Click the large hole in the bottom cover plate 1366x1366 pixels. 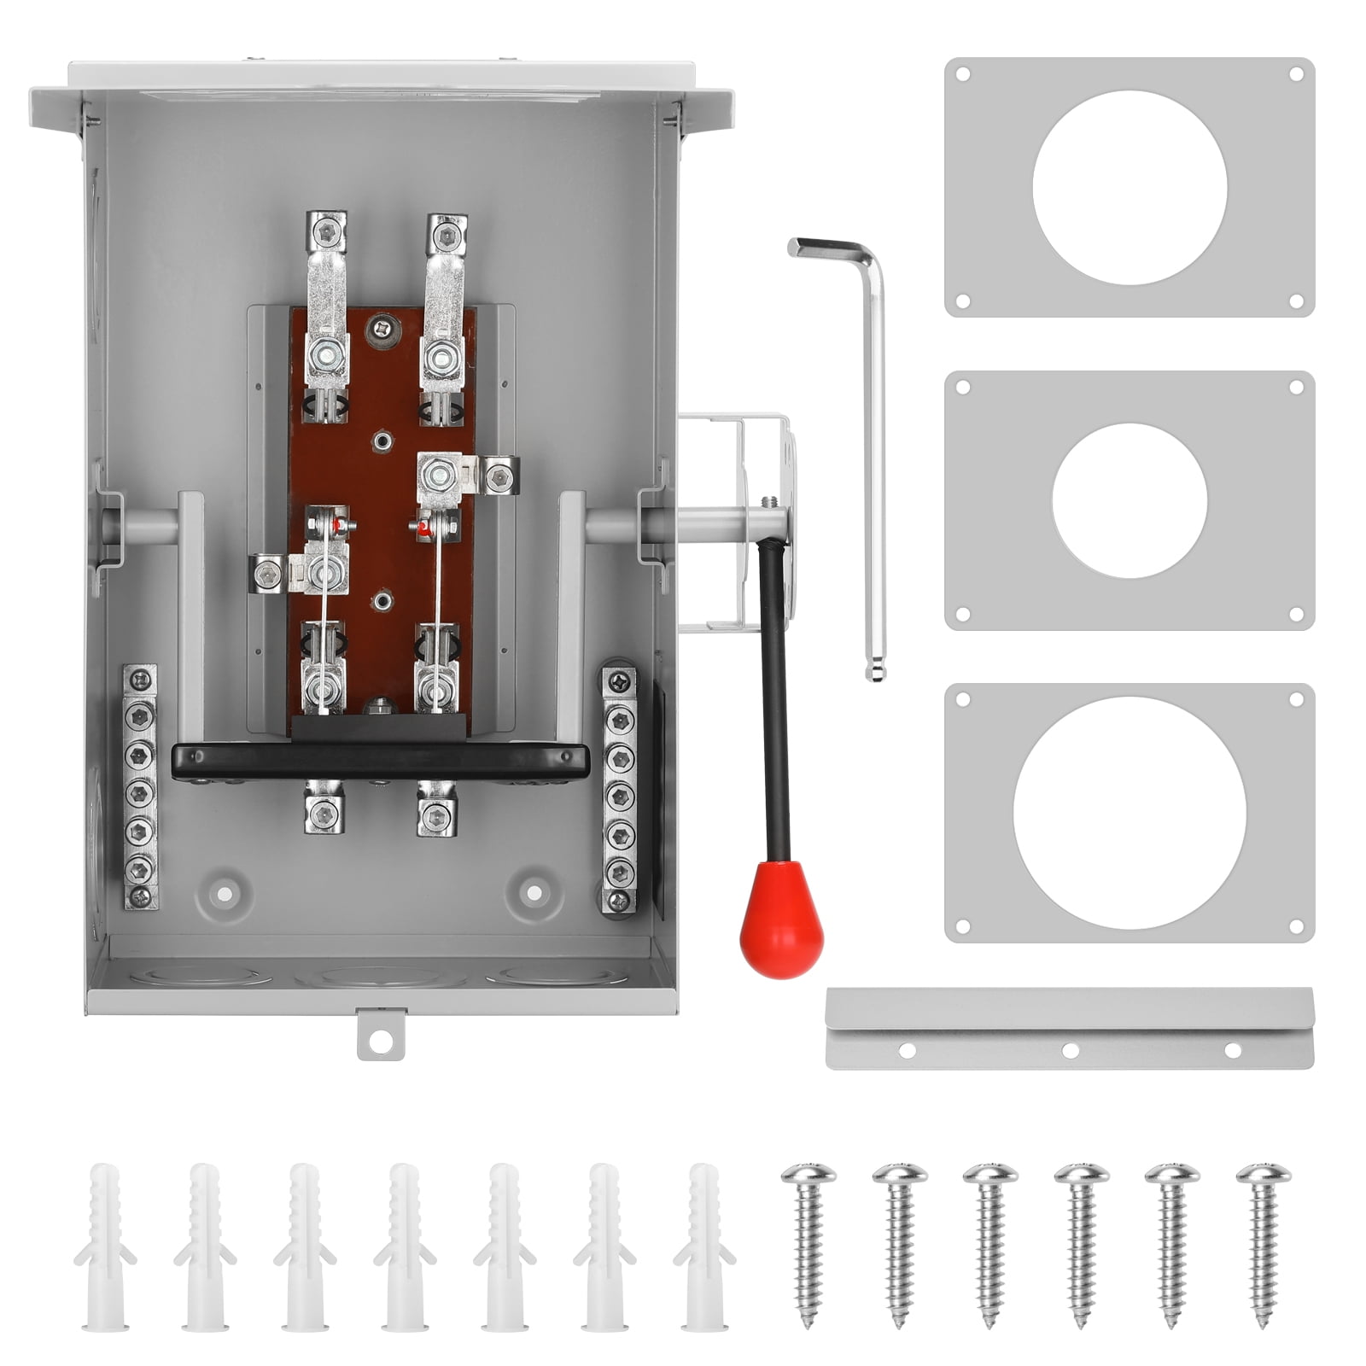1129,814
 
